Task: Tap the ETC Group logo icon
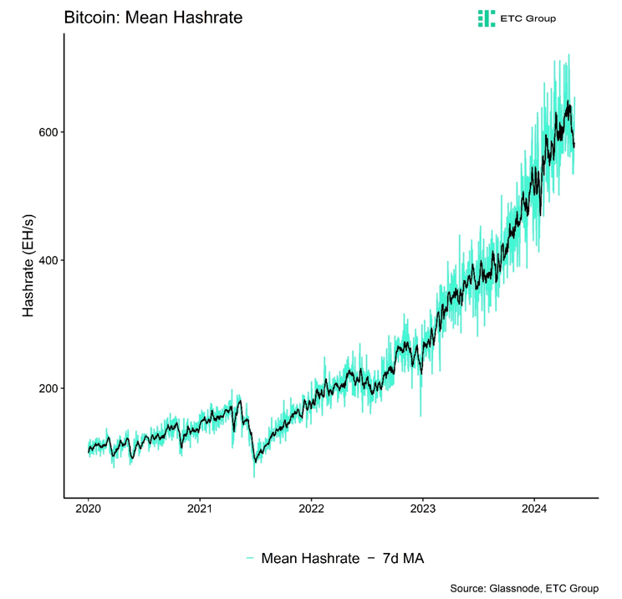(x=486, y=18)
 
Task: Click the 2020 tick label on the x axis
(x=89, y=509)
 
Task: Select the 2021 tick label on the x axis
(x=200, y=509)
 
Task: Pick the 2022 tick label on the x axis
(x=311, y=509)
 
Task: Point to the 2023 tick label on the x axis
(x=423, y=509)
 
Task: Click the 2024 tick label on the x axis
(x=534, y=509)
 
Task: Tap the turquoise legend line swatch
(x=250, y=558)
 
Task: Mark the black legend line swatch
(x=370, y=558)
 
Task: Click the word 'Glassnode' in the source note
(x=512, y=587)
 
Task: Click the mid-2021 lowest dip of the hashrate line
(x=254, y=475)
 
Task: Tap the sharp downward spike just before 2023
(x=421, y=414)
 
